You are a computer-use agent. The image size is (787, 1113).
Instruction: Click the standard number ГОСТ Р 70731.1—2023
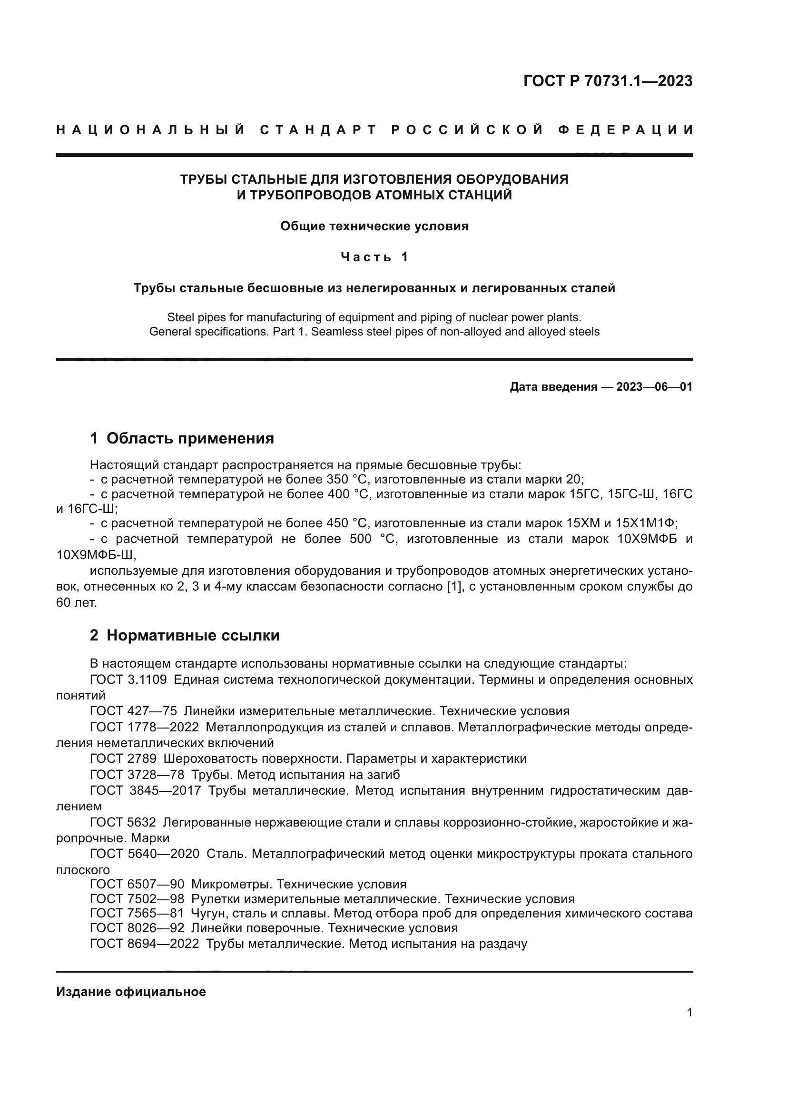[608, 81]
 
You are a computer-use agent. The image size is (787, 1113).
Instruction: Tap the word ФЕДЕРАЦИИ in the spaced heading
[626, 130]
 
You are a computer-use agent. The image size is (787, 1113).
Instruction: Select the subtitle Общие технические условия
[374, 227]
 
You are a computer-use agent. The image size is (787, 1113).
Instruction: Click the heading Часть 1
[374, 257]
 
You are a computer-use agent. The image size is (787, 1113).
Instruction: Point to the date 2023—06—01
[654, 387]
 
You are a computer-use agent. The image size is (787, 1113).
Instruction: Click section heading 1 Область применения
[182, 438]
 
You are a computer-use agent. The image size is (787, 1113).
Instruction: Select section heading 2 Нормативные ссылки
[185, 635]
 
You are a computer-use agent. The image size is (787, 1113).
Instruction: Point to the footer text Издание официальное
[131, 992]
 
